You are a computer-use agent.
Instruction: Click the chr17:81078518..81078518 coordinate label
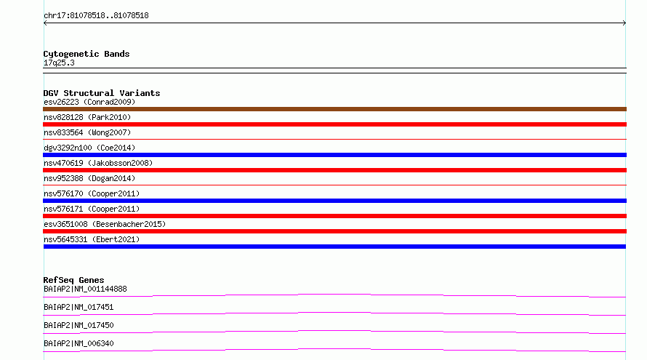tap(96, 16)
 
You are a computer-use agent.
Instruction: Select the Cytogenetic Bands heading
tap(87, 54)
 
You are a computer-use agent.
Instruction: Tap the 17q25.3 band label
tap(59, 63)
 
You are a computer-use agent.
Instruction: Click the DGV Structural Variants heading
tap(102, 93)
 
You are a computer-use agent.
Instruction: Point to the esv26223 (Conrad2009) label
tap(89, 102)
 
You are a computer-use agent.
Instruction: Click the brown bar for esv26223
tap(334, 109)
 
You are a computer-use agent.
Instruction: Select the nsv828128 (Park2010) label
tap(87, 117)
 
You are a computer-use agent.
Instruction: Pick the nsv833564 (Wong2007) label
tap(87, 132)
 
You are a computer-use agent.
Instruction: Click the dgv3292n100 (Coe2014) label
tap(89, 148)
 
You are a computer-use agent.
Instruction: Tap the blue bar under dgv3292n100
tap(334, 155)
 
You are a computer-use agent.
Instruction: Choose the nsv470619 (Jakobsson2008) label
tap(98, 163)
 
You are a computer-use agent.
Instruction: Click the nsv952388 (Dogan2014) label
tap(89, 178)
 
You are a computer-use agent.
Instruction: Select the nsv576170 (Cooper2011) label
tap(92, 193)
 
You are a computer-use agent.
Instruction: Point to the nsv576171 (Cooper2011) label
tap(92, 209)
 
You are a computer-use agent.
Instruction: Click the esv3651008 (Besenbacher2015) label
tap(105, 224)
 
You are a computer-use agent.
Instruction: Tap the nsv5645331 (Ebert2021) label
tap(92, 239)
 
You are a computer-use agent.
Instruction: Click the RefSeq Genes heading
tap(73, 280)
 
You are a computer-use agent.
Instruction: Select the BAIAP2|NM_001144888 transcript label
tap(85, 289)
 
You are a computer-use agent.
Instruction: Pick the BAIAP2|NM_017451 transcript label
tap(79, 307)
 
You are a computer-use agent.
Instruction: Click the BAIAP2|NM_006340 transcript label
tap(79, 343)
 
